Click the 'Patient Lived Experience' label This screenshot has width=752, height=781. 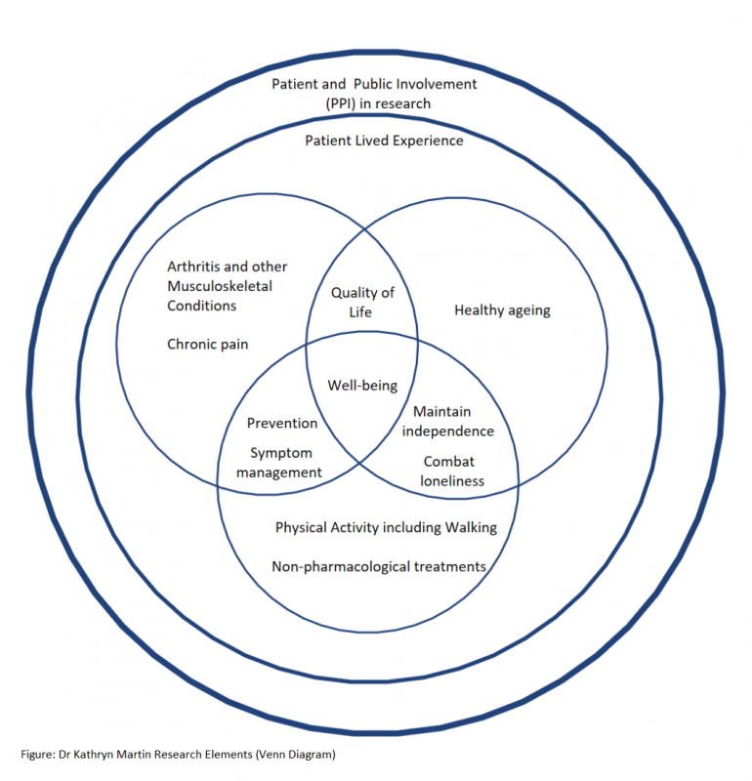[x=384, y=141]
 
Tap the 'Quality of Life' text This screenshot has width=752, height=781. [x=362, y=303]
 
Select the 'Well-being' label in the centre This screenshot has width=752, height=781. [x=362, y=386]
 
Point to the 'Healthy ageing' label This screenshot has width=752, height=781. [x=502, y=310]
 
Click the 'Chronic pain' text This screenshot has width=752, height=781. [x=207, y=344]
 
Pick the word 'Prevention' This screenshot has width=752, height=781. [x=282, y=423]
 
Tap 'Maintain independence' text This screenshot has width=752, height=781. [x=447, y=422]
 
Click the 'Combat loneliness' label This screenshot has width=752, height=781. [x=451, y=471]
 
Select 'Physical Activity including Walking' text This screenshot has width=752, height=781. [x=386, y=527]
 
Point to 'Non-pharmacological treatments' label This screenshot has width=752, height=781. [x=379, y=565]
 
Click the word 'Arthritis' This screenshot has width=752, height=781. [x=193, y=267]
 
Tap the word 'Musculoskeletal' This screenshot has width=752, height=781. [x=220, y=286]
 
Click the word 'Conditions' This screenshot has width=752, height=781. [x=202, y=306]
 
